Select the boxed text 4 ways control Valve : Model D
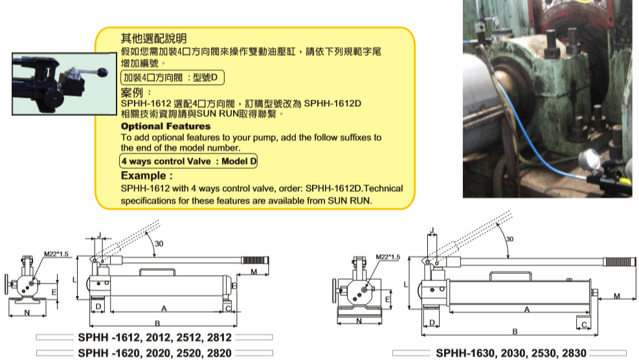pos(188,161)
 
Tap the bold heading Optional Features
pos(166,126)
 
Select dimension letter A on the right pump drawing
pos(527,309)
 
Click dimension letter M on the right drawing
pos(616,296)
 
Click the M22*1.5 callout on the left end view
pos(56,254)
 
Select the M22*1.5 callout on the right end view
pos(388,257)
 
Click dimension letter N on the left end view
pos(27,313)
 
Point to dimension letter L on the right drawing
pos(406,284)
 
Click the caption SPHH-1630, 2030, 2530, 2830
pos(511,353)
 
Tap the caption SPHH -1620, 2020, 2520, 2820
pos(155,353)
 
